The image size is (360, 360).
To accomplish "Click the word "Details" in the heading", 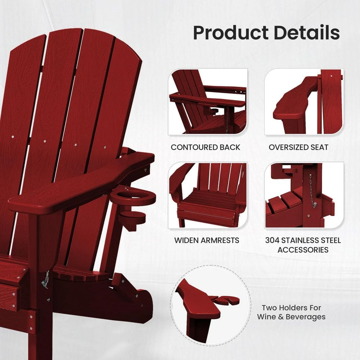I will pyautogui.click(x=307, y=32).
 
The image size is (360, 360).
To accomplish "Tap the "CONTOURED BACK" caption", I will pyautogui.click(x=206, y=147).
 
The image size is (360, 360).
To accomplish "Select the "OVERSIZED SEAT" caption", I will pyautogui.click(x=298, y=147).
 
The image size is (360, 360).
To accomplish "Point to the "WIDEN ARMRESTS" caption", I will pyautogui.click(x=207, y=240).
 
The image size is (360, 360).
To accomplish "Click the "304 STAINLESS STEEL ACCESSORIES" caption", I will pyautogui.click(x=303, y=245).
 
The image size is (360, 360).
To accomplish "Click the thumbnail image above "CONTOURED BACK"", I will pyautogui.click(x=208, y=102).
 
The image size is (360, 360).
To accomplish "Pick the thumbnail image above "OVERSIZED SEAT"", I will pyautogui.click(x=304, y=102).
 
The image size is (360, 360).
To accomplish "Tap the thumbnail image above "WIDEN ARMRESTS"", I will pyautogui.click(x=208, y=195).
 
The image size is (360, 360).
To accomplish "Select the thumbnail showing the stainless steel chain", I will pyautogui.click(x=304, y=195).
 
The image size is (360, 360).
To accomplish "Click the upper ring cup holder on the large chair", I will pyautogui.click(x=133, y=197).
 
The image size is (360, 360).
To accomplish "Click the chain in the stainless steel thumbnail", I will pyautogui.click(x=311, y=191).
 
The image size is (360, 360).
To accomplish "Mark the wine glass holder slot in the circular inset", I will pyautogui.click(x=228, y=300).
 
